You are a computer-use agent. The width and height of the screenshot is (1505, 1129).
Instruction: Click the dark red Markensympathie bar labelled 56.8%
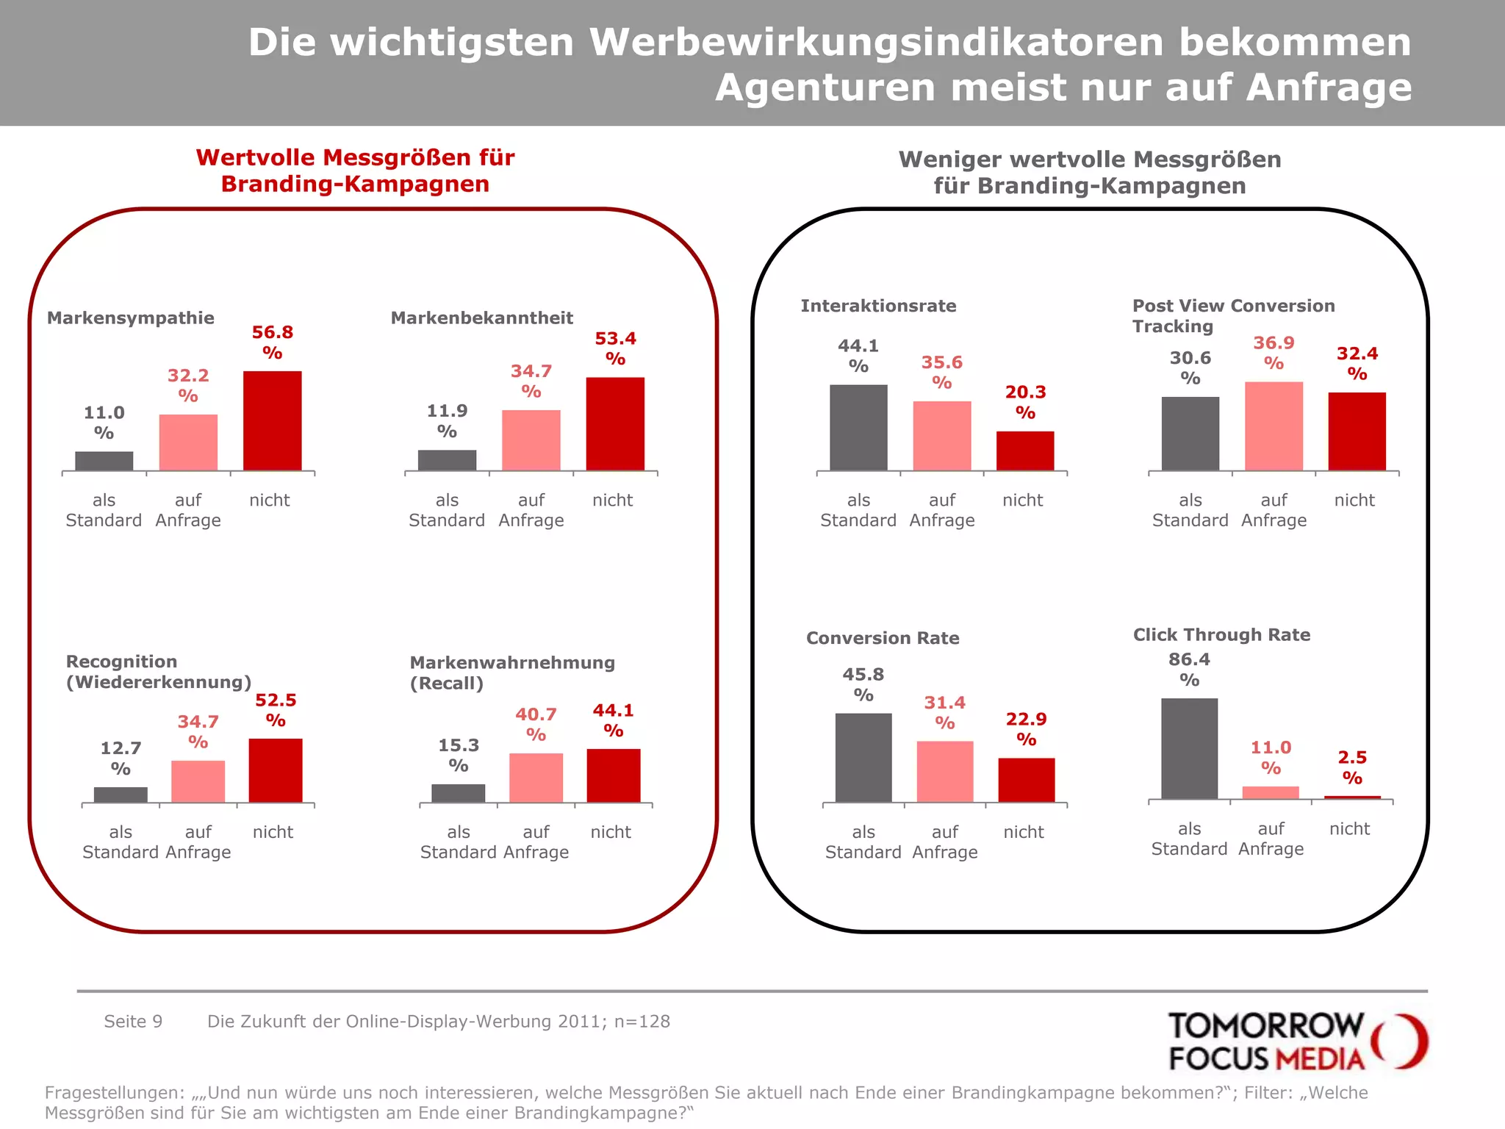(x=272, y=420)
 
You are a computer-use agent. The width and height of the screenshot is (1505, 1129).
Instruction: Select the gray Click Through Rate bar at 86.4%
(x=1189, y=748)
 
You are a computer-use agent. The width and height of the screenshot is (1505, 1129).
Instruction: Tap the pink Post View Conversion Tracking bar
(x=1274, y=426)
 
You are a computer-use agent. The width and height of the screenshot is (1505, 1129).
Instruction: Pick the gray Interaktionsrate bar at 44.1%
(x=858, y=427)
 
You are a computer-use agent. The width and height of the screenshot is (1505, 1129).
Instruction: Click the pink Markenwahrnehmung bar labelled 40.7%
(x=536, y=778)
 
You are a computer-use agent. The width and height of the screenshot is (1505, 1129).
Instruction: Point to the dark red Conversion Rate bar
(x=1026, y=780)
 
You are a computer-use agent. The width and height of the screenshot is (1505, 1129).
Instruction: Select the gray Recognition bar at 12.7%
(x=121, y=795)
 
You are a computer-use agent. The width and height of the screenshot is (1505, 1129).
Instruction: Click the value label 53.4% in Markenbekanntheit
(x=615, y=348)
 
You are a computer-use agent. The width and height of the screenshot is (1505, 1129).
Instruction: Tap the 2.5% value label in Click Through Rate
(x=1352, y=767)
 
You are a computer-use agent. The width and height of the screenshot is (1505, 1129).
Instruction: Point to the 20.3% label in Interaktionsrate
(x=1025, y=401)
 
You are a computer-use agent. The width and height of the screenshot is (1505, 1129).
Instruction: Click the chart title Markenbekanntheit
(x=481, y=318)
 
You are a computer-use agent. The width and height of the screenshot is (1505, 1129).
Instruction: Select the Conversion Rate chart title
(x=883, y=638)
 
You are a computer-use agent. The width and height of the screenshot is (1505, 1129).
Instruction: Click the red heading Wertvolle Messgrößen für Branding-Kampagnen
(x=355, y=171)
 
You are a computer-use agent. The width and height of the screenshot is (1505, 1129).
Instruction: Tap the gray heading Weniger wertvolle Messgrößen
(x=1089, y=172)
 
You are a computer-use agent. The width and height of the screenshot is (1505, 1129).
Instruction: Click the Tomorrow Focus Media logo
(x=1296, y=1041)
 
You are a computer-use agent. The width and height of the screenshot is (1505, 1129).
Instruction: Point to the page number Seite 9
(x=133, y=1021)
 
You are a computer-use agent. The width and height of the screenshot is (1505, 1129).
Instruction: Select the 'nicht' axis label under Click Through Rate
(x=1349, y=828)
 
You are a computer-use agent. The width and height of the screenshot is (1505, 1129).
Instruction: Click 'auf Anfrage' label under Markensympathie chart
(x=188, y=510)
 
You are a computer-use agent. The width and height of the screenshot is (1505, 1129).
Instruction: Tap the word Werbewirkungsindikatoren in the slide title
(x=875, y=42)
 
